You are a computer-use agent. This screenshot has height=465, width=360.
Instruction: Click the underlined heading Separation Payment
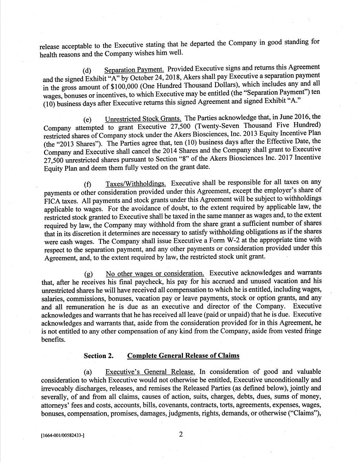click(x=134, y=70)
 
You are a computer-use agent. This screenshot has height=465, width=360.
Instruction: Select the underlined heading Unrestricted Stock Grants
click(x=143, y=118)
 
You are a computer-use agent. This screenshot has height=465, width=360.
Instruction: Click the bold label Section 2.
click(x=99, y=356)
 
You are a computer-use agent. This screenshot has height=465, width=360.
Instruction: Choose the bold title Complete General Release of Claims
click(x=183, y=356)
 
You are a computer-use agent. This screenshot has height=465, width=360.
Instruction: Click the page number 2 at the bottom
click(x=181, y=434)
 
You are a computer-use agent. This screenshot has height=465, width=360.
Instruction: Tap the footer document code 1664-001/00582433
click(x=63, y=436)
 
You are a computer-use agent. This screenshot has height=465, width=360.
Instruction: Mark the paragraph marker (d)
click(x=87, y=71)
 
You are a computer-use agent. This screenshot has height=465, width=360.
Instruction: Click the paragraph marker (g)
click(x=88, y=274)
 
